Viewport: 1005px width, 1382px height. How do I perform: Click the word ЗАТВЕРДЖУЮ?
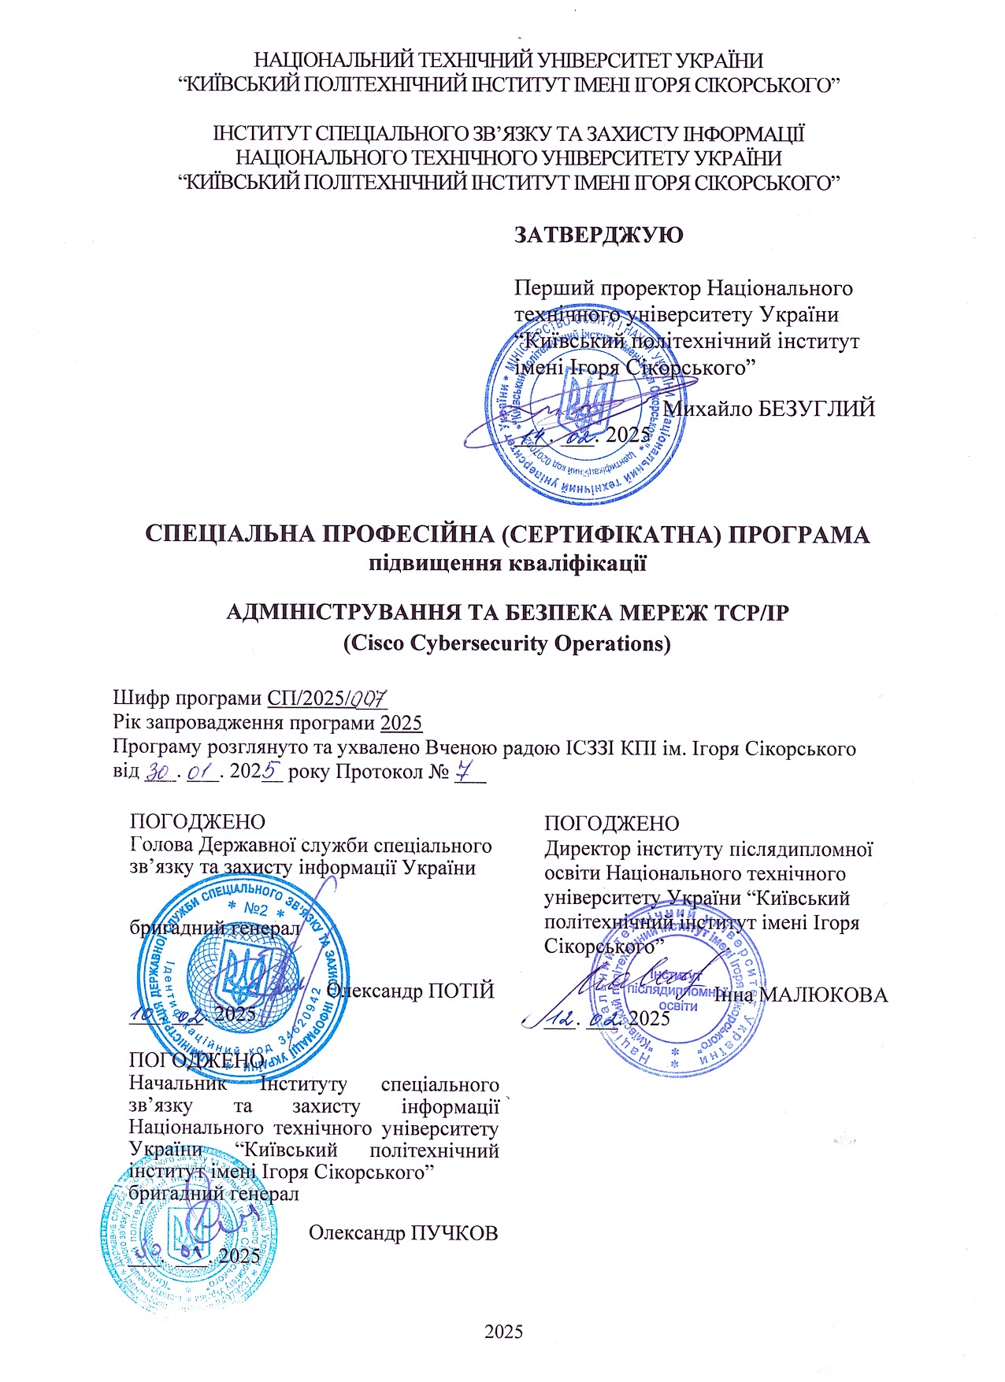pos(598,235)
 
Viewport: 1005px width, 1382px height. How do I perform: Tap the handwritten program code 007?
pos(368,698)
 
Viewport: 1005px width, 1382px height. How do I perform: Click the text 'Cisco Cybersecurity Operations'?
pos(507,643)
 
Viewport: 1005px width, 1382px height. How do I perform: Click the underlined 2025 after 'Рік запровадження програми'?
pos(401,723)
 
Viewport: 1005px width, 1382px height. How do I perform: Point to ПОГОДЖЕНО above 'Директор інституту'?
pos(611,823)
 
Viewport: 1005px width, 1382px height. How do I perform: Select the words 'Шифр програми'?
pos(187,698)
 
